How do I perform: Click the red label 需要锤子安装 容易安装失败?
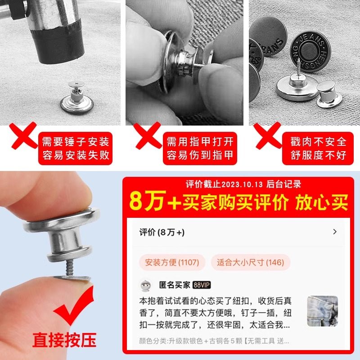76,149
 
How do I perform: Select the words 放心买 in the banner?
321,202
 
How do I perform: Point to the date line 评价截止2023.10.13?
243,184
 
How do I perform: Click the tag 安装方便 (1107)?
172,262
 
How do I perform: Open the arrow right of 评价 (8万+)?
334,232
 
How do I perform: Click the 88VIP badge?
202,285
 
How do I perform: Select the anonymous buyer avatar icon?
145,285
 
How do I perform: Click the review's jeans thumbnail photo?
322,310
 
